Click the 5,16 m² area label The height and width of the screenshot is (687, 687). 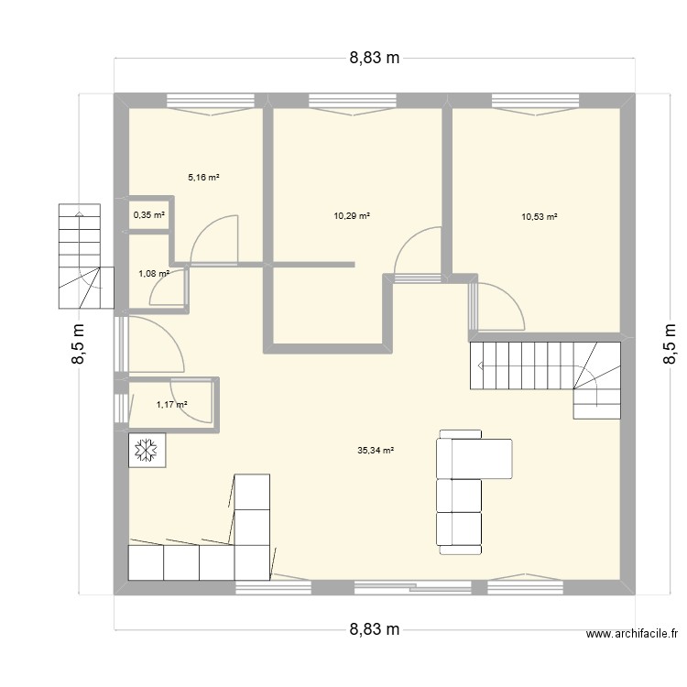(203, 178)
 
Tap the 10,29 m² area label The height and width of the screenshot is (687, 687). (352, 216)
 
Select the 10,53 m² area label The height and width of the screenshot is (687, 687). (540, 217)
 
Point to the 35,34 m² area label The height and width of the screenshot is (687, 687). (376, 451)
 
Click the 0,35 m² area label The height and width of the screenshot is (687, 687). (150, 215)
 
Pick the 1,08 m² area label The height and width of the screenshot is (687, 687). (154, 273)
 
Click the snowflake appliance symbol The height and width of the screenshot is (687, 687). (146, 450)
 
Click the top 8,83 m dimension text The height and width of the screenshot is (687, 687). (375, 58)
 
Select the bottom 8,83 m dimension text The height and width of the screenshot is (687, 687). (375, 629)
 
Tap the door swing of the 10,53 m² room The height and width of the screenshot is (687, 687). (500, 308)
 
